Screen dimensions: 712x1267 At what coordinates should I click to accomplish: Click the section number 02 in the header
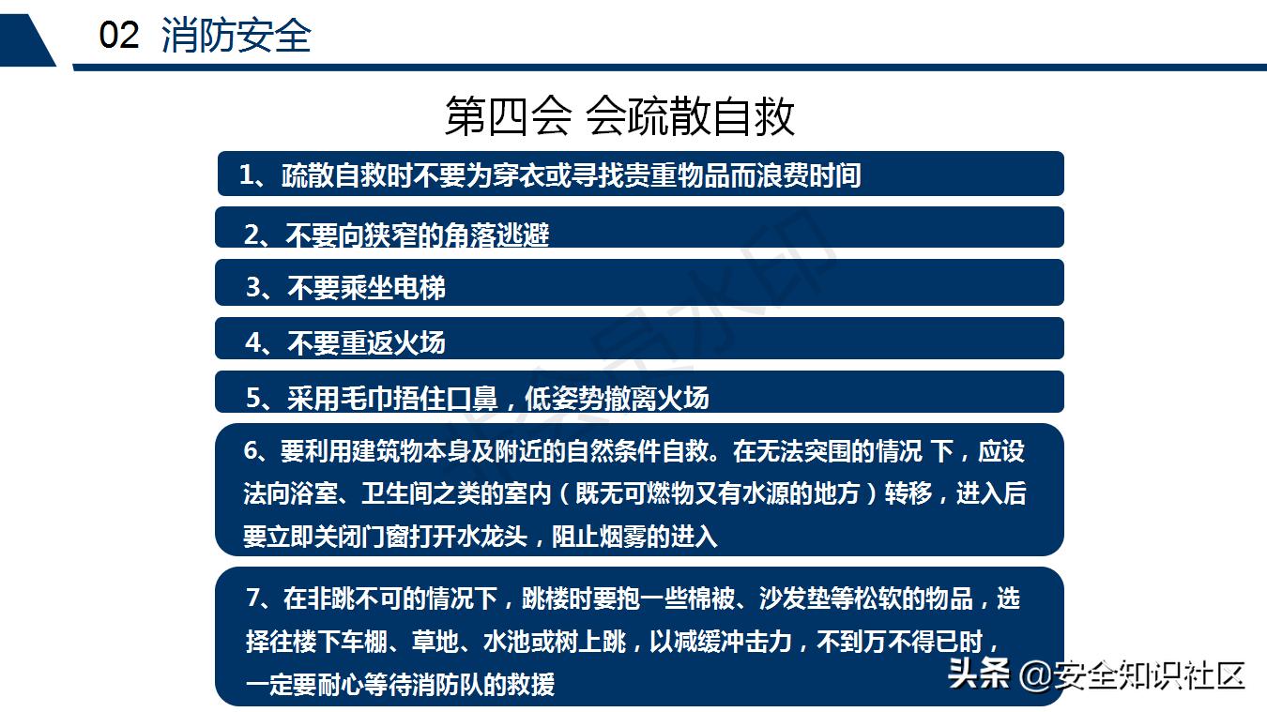click(x=119, y=37)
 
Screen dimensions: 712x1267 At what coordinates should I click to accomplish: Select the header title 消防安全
click(x=236, y=37)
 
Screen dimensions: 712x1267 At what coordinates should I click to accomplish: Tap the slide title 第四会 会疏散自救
click(x=619, y=116)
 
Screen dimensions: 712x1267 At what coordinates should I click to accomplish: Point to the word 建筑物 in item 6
click(x=391, y=451)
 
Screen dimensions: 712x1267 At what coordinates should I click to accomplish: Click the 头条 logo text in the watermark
click(x=978, y=674)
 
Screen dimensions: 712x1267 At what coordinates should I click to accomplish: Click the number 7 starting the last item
click(x=252, y=598)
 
